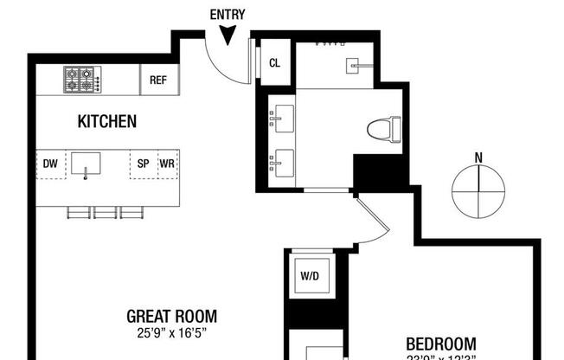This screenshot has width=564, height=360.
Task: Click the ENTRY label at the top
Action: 228,14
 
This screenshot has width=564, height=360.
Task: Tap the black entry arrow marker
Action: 228,35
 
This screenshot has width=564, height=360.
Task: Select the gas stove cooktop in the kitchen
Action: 82,80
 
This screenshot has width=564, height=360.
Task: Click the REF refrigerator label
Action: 157,80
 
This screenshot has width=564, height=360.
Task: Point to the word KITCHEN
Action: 107,122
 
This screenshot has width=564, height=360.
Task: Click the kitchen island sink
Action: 86,163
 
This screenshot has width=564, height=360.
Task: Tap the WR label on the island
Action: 167,163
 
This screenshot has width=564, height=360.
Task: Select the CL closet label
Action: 275,63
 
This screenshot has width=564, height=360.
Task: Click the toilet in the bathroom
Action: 385,131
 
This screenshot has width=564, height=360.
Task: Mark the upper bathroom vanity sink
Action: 282,117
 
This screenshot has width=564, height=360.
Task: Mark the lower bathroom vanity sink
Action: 282,161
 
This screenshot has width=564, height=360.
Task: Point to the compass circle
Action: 478,191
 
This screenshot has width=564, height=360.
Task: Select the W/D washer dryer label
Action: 311,277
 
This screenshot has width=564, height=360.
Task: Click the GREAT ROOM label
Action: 171,317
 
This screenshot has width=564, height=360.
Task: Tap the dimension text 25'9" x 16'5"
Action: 171,332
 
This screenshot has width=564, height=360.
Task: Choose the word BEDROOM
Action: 441,343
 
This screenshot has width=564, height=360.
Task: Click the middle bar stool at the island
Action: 106,212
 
